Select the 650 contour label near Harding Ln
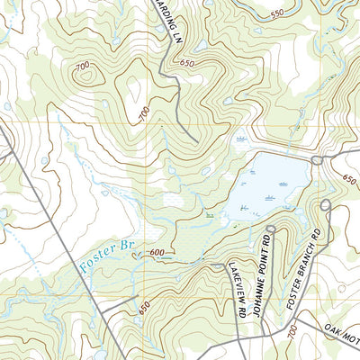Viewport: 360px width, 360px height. (187, 63)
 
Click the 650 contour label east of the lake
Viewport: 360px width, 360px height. (349, 180)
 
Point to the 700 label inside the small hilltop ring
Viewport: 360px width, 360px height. (84, 68)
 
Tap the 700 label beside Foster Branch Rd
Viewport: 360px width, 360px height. (289, 333)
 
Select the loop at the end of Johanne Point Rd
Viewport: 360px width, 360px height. (270, 229)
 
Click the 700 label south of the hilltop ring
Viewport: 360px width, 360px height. (143, 113)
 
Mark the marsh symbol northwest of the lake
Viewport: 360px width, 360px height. (240, 139)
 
